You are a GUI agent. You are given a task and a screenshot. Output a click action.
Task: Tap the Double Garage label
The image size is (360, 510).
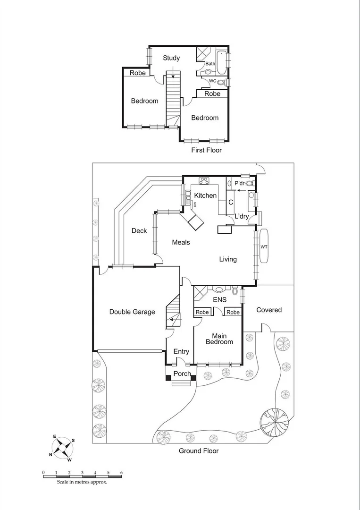(132, 312)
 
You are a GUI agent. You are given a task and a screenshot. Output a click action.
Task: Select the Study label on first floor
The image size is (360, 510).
(171, 58)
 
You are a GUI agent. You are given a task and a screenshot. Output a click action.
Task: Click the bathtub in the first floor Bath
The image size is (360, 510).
(222, 61)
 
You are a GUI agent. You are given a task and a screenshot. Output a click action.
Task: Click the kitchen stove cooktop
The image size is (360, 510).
(204, 180)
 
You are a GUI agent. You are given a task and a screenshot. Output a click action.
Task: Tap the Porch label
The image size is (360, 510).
(182, 374)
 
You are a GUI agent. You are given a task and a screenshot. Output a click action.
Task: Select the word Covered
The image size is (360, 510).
(269, 310)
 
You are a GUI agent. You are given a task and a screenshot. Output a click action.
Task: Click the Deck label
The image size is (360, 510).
(139, 231)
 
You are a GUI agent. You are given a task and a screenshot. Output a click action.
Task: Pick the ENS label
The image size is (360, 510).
(219, 299)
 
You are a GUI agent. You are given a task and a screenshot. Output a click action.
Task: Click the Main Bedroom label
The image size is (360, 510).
(219, 339)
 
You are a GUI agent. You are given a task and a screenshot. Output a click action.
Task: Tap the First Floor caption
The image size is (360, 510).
(206, 150)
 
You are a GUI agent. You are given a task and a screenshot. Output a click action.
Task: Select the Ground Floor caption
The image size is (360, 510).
(199, 451)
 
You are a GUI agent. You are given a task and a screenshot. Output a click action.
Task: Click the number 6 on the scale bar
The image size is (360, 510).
(122, 472)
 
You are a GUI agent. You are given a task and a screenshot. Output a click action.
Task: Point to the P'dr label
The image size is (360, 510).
(239, 183)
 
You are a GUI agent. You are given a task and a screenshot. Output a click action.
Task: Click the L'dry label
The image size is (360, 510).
(242, 216)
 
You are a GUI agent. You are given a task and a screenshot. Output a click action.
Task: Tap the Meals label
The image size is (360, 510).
(181, 242)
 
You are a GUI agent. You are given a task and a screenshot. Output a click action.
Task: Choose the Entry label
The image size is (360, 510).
(181, 351)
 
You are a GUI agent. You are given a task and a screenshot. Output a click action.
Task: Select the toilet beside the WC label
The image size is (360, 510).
(221, 83)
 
